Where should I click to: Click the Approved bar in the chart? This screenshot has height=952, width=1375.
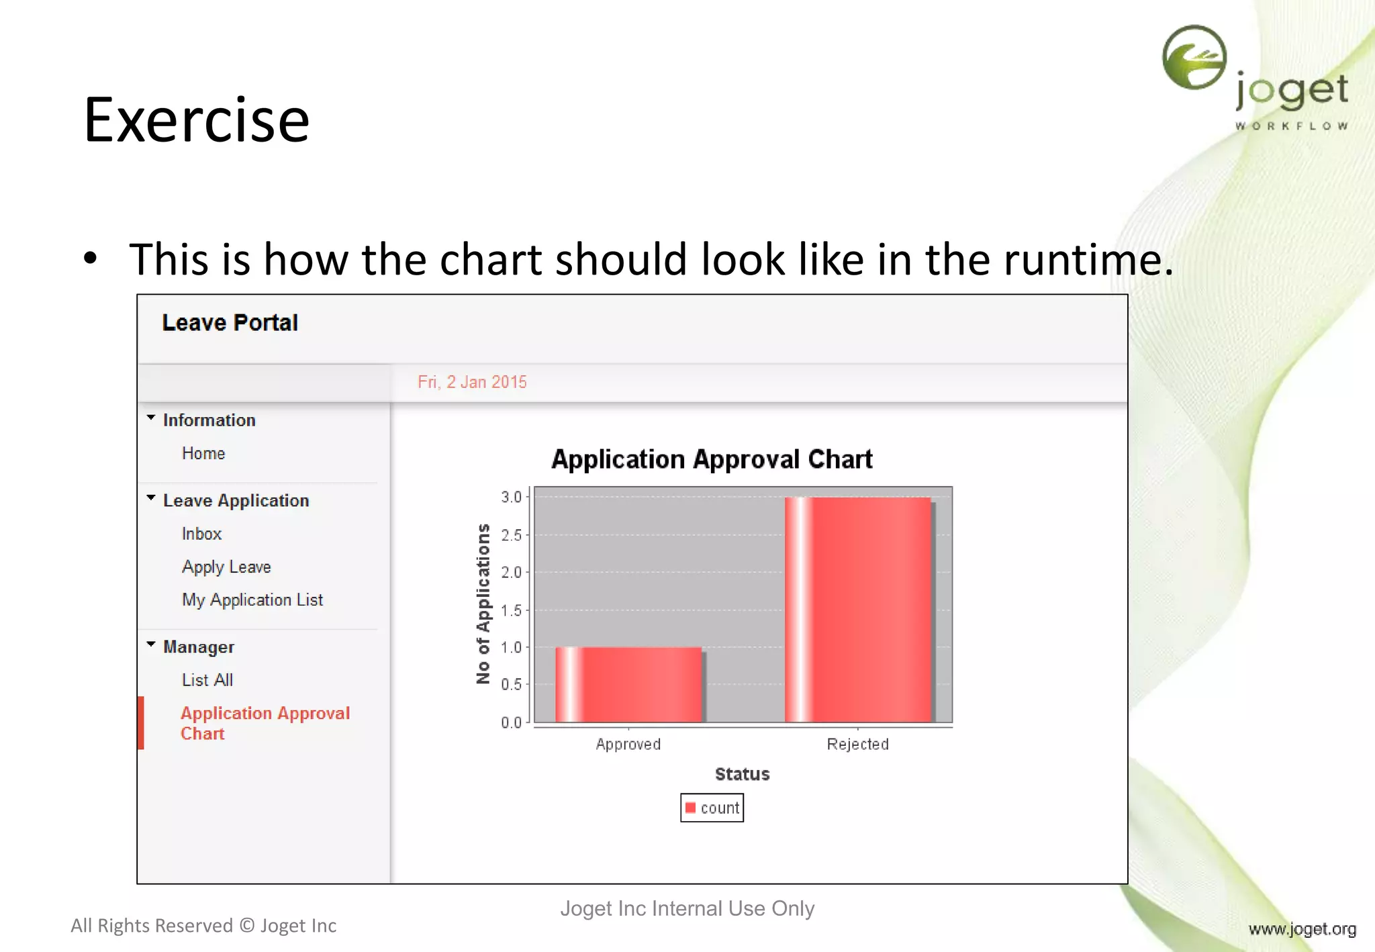tap(628, 685)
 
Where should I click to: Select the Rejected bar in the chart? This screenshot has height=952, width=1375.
tap(858, 610)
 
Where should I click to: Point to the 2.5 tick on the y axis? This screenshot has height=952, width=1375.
tap(511, 535)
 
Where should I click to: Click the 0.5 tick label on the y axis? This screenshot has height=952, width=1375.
tap(511, 685)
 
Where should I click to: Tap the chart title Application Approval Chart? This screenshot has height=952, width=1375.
tap(712, 459)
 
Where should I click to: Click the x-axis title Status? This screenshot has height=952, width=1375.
tap(742, 774)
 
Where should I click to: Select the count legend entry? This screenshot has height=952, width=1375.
tap(712, 808)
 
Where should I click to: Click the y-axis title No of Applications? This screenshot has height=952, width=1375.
tap(483, 604)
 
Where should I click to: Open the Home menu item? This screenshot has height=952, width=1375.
tap(203, 453)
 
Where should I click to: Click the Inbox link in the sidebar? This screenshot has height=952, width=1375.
tap(201, 534)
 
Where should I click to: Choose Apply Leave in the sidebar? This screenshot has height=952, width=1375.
tap(226, 567)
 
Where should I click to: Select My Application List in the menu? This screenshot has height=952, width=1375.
tap(252, 600)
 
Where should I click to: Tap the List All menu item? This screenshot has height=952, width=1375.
tap(207, 680)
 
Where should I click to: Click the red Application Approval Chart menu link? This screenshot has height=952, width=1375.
tap(265, 723)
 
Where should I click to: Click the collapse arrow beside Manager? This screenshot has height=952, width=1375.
tap(151, 645)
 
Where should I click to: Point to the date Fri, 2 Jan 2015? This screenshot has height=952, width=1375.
tap(472, 382)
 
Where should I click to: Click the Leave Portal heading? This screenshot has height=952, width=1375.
tap(230, 323)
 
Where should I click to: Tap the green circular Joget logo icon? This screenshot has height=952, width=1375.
tap(1194, 58)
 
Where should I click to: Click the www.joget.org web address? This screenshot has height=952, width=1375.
tap(1302, 929)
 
